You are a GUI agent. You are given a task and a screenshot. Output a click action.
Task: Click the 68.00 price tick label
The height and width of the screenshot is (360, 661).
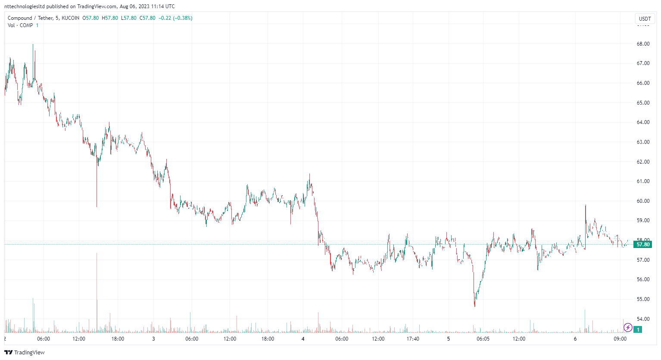point(643,44)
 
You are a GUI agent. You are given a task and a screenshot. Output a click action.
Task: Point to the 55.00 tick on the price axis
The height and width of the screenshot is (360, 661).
point(643,299)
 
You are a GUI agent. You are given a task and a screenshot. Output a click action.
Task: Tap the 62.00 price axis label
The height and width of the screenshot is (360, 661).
point(643,162)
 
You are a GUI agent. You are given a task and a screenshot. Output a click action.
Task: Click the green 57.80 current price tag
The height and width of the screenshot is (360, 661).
point(643,245)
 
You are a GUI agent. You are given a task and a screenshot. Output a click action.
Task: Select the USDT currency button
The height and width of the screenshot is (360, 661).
point(645,19)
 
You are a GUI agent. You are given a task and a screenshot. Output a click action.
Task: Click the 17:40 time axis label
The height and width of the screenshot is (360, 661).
point(413,339)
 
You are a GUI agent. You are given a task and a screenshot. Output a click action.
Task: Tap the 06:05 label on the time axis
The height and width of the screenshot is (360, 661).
point(483,339)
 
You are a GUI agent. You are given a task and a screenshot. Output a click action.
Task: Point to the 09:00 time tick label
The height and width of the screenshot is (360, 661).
point(620,339)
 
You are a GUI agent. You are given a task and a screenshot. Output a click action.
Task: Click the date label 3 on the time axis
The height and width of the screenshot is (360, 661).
point(153,339)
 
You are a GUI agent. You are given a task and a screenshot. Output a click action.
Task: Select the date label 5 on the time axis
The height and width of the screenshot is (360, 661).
point(448,339)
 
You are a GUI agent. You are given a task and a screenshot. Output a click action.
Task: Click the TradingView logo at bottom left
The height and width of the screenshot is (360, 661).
point(25,352)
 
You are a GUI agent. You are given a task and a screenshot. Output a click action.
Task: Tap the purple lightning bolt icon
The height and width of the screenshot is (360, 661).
point(628,328)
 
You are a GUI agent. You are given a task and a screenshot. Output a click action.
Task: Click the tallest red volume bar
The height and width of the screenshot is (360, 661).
point(97,293)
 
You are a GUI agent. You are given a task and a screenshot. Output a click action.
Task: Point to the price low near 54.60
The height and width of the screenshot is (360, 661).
point(475,306)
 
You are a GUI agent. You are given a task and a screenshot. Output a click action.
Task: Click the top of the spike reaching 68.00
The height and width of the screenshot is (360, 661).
point(33,44)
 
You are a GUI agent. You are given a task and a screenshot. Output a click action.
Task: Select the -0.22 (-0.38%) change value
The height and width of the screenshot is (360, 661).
point(175,18)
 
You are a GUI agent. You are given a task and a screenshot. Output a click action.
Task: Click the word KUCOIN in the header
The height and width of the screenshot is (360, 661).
point(70,18)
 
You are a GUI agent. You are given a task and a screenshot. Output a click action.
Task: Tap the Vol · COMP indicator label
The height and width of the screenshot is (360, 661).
point(20,25)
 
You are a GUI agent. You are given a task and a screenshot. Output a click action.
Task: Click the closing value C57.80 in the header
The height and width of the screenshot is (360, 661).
point(147,18)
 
